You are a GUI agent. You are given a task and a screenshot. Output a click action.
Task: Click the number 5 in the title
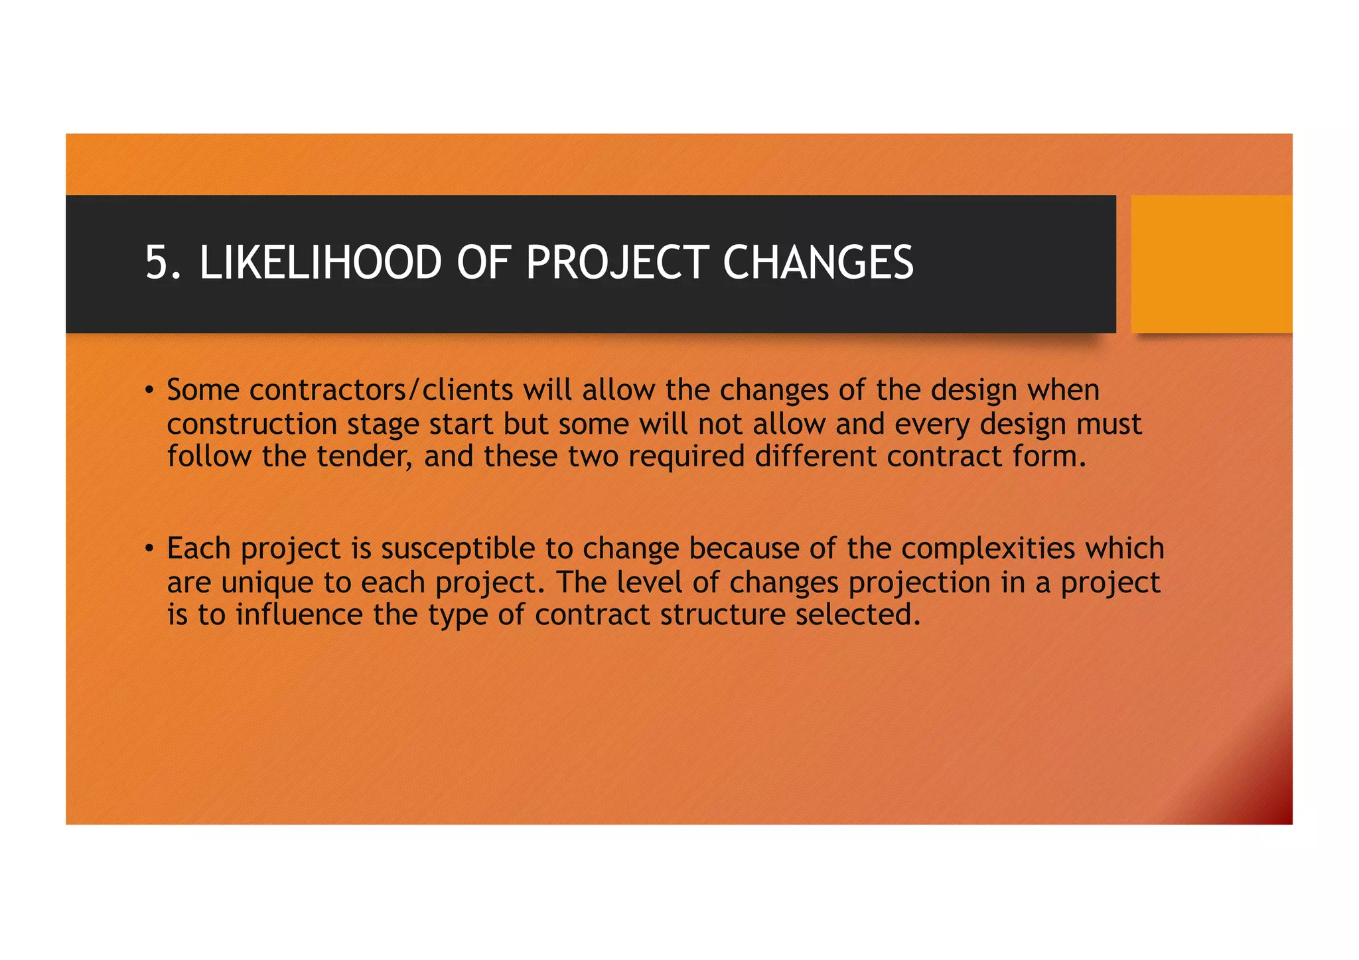(155, 263)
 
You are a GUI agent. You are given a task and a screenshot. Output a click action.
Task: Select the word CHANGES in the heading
(818, 263)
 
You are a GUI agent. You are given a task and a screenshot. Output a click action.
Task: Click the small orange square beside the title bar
(1211, 263)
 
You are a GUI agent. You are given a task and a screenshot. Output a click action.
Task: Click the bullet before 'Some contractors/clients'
(150, 389)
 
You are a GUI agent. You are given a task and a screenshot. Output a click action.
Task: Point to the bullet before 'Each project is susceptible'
(150, 548)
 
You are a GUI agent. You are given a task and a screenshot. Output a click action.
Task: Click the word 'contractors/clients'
(381, 390)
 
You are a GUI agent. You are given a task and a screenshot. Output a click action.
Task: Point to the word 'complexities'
(987, 549)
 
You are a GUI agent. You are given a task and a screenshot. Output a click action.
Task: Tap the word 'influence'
(299, 614)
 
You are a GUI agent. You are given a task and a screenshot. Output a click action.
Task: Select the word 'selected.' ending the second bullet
(858, 614)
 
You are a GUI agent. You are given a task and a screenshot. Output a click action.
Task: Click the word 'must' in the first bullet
(1109, 424)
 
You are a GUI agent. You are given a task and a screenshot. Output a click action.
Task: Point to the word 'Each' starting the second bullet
(198, 549)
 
